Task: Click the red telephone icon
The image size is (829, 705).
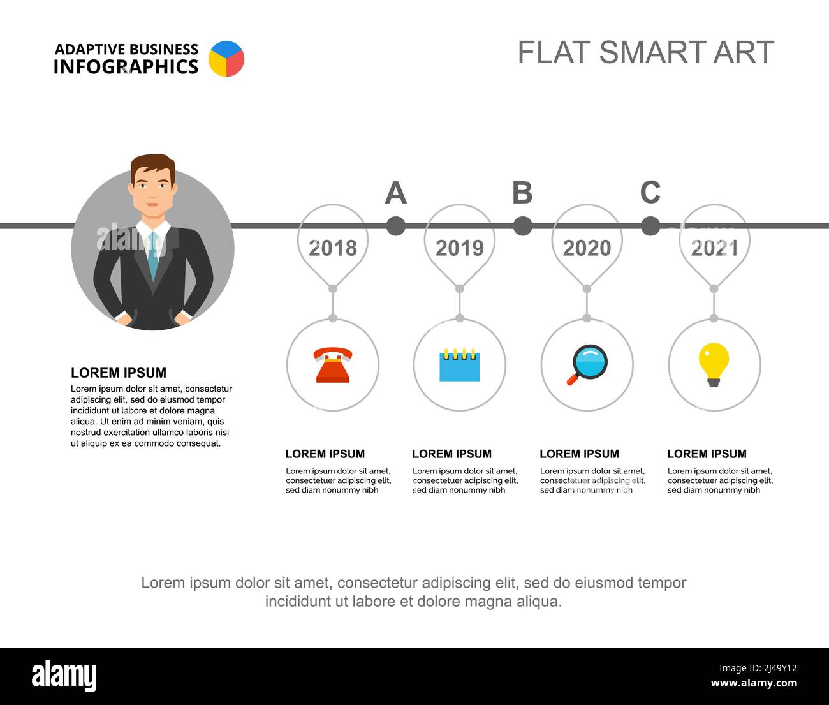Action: (333, 365)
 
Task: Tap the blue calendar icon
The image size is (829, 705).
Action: (459, 365)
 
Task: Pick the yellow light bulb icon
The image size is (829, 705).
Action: (714, 364)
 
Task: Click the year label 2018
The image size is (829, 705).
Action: (333, 248)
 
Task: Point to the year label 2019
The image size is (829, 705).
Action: (460, 248)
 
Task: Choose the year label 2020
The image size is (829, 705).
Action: (587, 248)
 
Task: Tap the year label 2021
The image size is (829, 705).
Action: (714, 248)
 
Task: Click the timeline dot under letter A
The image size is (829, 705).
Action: (395, 226)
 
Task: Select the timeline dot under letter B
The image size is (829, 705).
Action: (522, 226)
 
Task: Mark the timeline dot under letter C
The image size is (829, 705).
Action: (650, 226)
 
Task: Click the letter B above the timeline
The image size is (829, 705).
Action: (522, 193)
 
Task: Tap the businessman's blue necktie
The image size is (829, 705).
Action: (153, 255)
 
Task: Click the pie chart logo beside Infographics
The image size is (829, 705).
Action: (226, 59)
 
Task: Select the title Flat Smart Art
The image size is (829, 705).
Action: (645, 52)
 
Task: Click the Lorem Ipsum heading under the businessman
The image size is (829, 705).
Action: (119, 373)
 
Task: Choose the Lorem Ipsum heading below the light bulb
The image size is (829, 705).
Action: (707, 454)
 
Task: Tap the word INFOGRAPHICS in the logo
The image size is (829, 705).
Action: (126, 67)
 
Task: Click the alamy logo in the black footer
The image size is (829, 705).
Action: (64, 676)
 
